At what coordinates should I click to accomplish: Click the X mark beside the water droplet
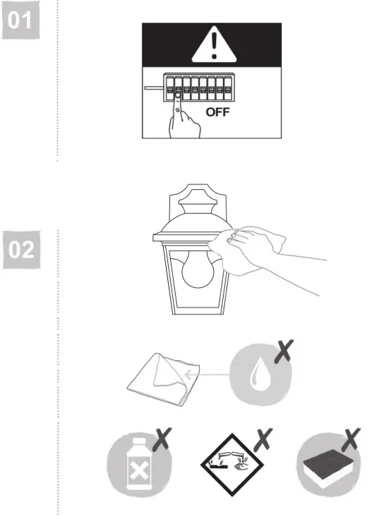(283, 352)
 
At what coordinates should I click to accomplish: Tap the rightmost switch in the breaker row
(227, 90)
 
